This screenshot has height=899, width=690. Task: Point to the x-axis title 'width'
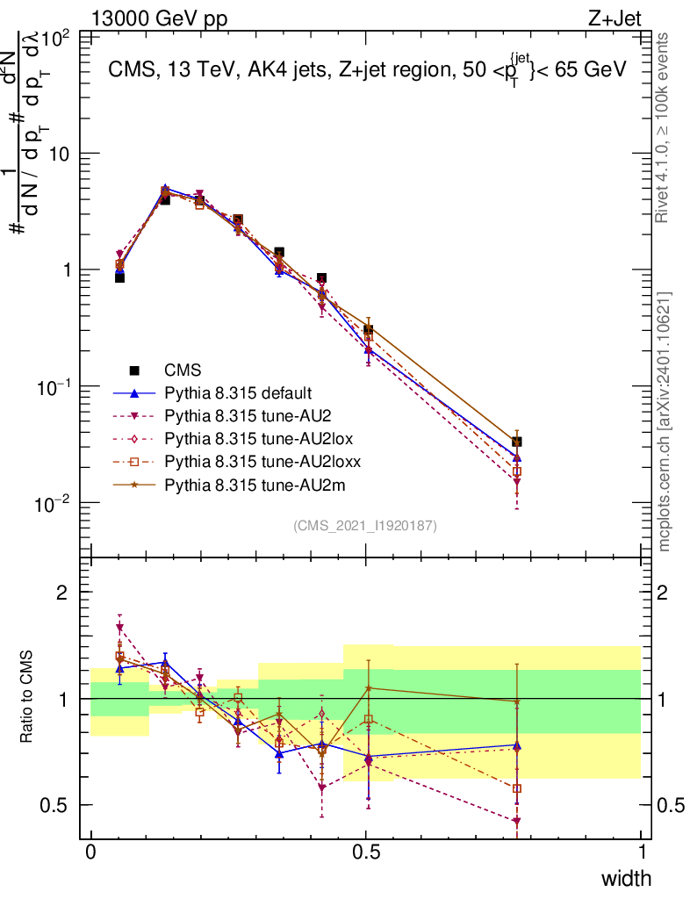625,878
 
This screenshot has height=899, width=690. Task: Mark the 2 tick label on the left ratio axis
61,593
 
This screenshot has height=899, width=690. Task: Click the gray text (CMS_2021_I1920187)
365,525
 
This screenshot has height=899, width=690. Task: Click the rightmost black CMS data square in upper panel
517,442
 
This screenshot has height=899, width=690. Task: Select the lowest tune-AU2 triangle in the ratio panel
517,822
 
